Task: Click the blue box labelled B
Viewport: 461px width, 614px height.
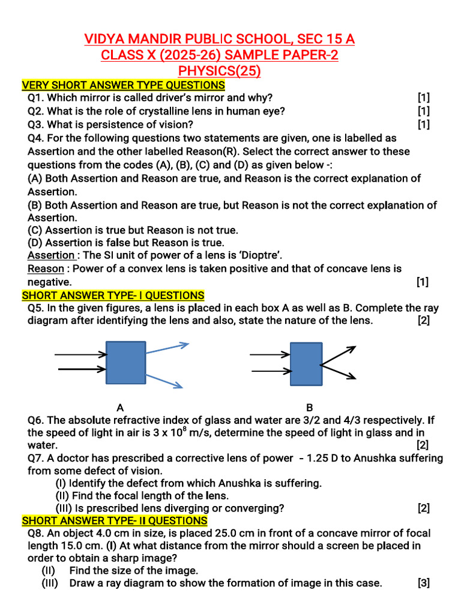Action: (306, 364)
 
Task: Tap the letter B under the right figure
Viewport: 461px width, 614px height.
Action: (310, 408)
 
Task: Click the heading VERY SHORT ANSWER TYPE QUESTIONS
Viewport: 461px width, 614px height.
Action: (124, 85)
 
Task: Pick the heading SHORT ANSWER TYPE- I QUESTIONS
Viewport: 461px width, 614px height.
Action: (113, 295)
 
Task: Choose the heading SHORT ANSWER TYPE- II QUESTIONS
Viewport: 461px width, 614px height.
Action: (115, 520)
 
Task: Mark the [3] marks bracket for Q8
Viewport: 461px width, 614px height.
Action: (424, 583)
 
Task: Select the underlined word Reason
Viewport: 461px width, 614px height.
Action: (46, 269)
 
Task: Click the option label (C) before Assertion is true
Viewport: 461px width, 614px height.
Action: (35, 230)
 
